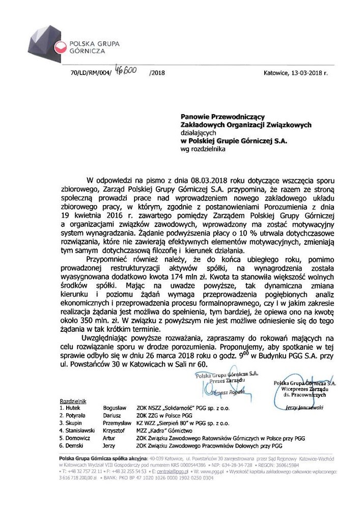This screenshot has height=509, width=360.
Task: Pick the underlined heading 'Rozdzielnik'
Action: pos(74,402)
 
